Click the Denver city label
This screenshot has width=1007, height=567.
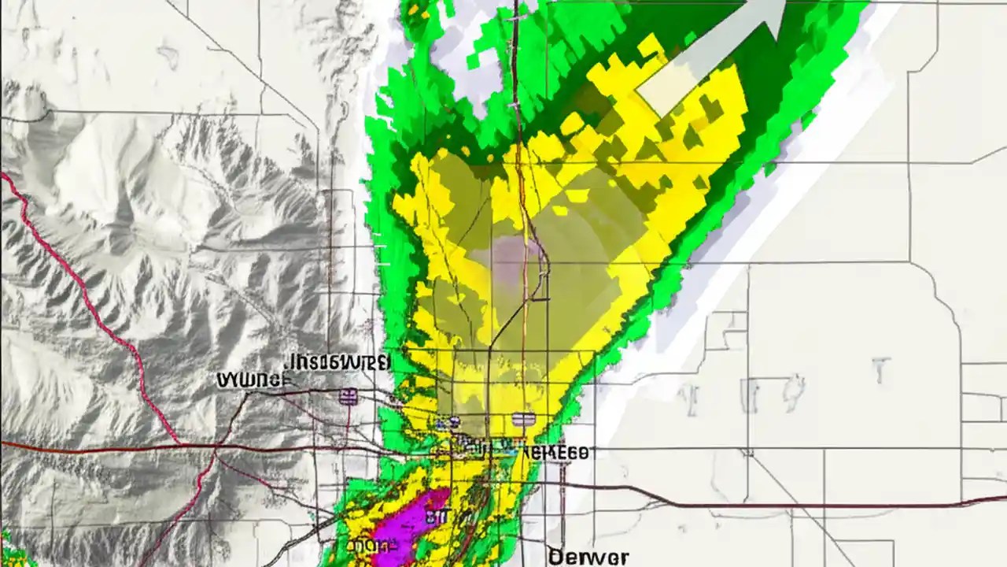click(588, 557)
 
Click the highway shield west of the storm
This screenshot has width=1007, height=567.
click(347, 396)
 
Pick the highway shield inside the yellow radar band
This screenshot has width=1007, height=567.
click(523, 419)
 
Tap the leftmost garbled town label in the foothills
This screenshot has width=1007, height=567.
click(252, 380)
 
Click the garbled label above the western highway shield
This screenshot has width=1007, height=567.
click(338, 362)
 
